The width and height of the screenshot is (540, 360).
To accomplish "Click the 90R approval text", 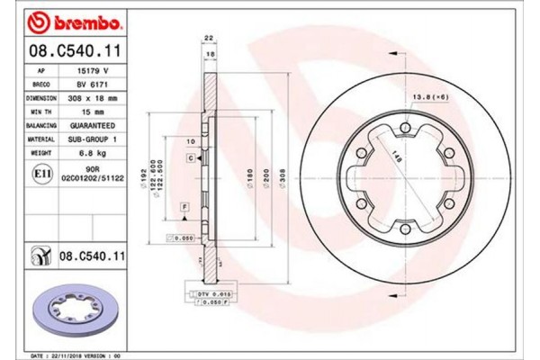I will click(x=92, y=168).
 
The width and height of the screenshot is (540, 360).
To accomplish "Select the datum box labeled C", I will click(x=191, y=158).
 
